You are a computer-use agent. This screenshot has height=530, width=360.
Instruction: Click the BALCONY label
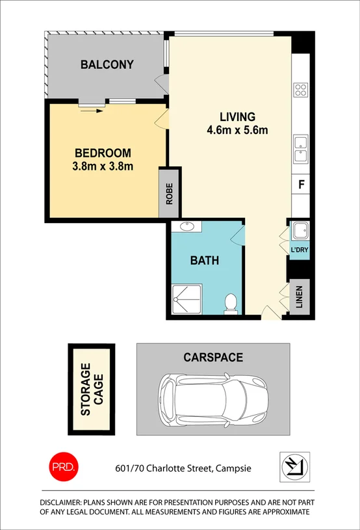(x=107, y=64)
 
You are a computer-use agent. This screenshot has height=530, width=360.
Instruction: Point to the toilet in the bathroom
(x=230, y=304)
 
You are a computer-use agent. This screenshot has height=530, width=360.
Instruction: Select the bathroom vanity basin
(x=188, y=227)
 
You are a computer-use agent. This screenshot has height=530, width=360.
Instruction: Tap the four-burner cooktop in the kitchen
(x=300, y=90)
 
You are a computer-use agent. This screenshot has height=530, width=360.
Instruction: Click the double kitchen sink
(x=300, y=149)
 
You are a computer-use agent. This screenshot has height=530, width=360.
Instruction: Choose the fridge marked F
(x=301, y=184)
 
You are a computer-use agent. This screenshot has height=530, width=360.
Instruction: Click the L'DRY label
(x=300, y=250)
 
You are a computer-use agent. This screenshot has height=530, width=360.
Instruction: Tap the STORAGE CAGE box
(x=92, y=390)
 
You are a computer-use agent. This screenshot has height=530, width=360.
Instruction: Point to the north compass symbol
(x=294, y=467)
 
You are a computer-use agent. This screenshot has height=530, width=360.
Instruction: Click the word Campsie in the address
(x=233, y=468)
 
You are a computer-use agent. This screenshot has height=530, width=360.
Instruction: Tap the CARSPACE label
(x=212, y=357)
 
